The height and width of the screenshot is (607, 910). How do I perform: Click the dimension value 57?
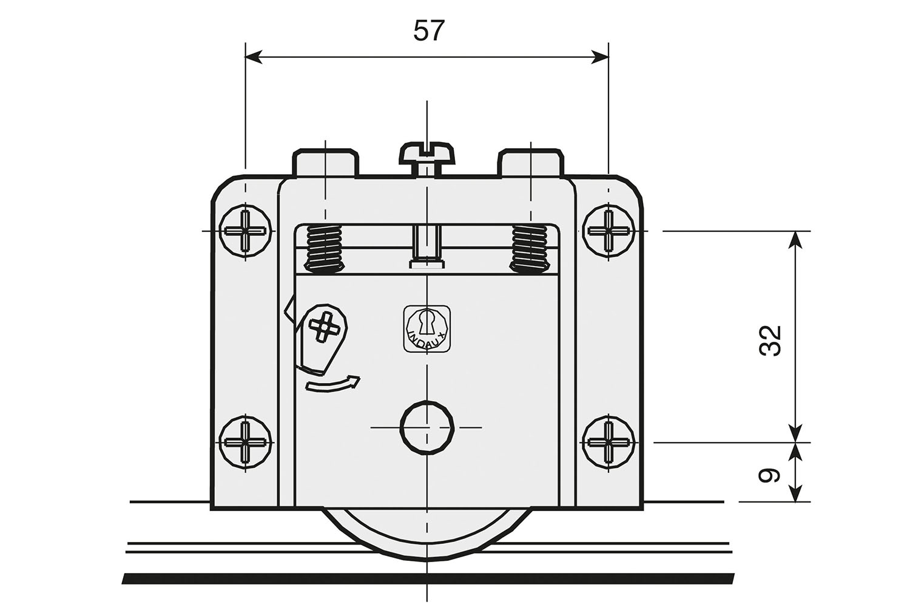(x=429, y=31)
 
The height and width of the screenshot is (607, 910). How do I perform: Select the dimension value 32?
(x=770, y=341)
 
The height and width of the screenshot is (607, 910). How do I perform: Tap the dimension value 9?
(x=770, y=475)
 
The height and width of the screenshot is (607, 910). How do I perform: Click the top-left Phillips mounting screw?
(x=245, y=231)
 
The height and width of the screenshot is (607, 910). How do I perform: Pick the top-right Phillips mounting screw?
(x=608, y=231)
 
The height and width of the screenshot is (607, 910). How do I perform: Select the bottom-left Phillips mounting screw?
(x=245, y=442)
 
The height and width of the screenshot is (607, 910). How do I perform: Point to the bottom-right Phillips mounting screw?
(x=608, y=442)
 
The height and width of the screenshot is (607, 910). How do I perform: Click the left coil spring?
(x=324, y=248)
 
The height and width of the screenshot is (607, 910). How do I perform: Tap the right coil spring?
(x=531, y=248)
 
